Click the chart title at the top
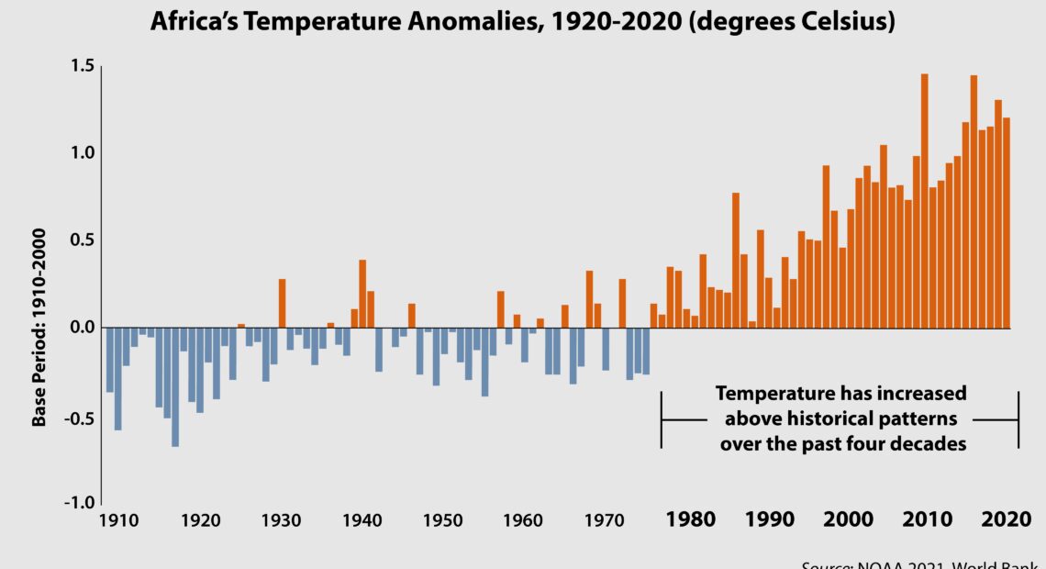click(522, 22)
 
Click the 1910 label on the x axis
click(119, 520)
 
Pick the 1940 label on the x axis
click(362, 520)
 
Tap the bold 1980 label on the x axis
click(690, 520)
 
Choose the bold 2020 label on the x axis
click(1006, 520)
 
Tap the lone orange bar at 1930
click(282, 303)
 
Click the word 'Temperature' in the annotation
click(770, 394)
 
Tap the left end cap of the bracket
click(662, 419)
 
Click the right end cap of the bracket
click(1018, 419)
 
